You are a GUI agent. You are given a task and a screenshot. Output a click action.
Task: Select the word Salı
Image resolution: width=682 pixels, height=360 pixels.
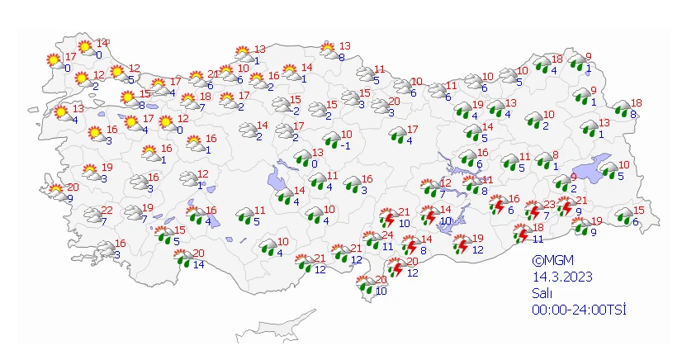click(x=542, y=293)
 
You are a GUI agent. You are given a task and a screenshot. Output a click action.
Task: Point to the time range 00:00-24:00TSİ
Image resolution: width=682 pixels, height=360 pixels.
click(x=579, y=310)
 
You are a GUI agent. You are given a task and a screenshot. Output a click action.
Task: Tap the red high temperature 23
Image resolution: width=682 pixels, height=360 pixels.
click(x=550, y=205)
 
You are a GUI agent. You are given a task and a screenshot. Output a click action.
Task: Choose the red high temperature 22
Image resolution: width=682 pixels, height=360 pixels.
click(x=107, y=211)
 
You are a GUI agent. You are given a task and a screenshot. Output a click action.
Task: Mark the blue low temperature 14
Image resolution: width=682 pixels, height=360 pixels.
click(x=198, y=265)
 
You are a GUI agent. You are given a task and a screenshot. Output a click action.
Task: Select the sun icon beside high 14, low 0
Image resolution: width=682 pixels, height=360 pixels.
click(x=84, y=48)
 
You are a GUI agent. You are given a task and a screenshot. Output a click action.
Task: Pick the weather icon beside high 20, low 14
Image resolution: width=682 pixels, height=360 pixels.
click(x=181, y=260)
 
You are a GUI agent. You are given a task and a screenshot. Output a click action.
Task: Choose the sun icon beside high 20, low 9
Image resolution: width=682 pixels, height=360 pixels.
click(x=57, y=192)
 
